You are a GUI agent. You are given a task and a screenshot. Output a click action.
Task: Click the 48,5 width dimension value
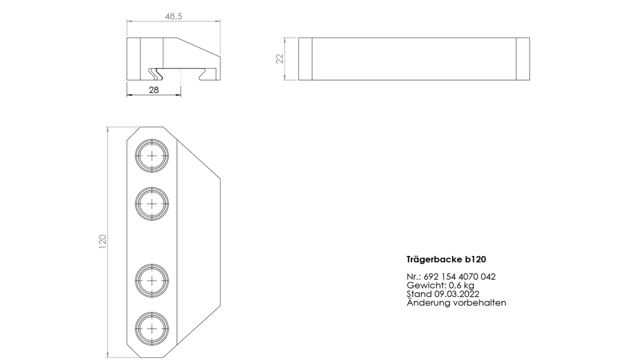173,16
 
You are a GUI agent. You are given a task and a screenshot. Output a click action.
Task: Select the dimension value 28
153,90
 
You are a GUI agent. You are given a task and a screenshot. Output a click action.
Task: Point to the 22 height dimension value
279,58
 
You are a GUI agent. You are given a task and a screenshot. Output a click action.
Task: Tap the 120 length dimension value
102,241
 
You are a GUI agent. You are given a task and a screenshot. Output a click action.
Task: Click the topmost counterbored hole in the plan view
151,155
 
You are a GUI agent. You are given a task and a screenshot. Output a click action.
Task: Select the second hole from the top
151,203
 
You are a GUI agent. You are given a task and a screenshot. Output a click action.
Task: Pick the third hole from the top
151,280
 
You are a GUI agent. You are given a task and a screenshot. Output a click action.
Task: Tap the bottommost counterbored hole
151,328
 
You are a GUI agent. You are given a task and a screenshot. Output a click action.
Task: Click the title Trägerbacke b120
446,259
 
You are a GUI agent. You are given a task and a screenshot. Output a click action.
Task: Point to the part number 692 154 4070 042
459,276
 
